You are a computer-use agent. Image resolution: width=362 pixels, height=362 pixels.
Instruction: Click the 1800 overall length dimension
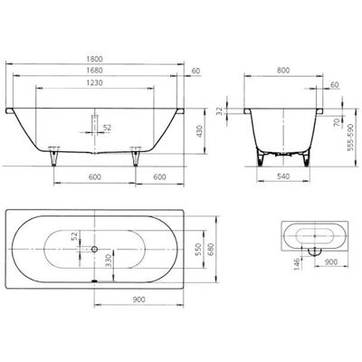(x=95, y=59)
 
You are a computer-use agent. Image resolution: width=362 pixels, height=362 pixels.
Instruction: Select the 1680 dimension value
(x=95, y=71)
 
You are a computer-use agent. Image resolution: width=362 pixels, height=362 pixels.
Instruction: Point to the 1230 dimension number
(x=95, y=82)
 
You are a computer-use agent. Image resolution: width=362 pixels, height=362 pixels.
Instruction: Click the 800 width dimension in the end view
(x=283, y=71)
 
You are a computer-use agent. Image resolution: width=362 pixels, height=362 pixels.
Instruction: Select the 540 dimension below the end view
(x=283, y=176)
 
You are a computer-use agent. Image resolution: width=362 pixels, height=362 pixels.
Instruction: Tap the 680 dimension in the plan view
(x=211, y=249)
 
